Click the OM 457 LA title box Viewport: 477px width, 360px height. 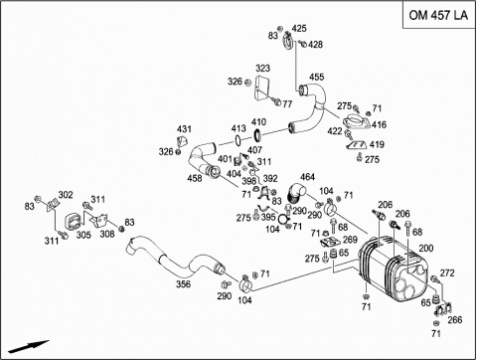click(x=439, y=15)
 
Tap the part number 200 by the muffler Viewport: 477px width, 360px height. click(x=426, y=248)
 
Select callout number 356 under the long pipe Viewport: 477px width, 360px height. click(x=183, y=284)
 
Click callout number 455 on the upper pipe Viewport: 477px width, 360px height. click(x=316, y=77)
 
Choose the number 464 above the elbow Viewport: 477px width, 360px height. click(x=307, y=177)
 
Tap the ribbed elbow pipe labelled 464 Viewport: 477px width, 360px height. click(x=295, y=193)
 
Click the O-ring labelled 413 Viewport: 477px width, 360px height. click(x=238, y=140)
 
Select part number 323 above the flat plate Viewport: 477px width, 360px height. click(x=262, y=69)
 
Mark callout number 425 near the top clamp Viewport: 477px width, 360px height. click(x=299, y=29)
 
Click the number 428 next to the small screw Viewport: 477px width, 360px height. click(x=315, y=45)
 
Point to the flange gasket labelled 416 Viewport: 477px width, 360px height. click(x=356, y=121)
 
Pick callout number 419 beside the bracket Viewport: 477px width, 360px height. click(x=377, y=144)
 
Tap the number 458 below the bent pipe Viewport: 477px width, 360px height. click(x=195, y=178)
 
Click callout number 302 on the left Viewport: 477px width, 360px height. click(x=66, y=195)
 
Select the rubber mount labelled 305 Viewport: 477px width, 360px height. click(x=74, y=222)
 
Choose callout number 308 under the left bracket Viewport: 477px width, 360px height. click(x=107, y=234)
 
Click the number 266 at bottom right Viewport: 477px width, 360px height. click(x=455, y=320)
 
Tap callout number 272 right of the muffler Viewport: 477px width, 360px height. click(x=447, y=272)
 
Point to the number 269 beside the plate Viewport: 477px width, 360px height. click(x=350, y=240)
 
